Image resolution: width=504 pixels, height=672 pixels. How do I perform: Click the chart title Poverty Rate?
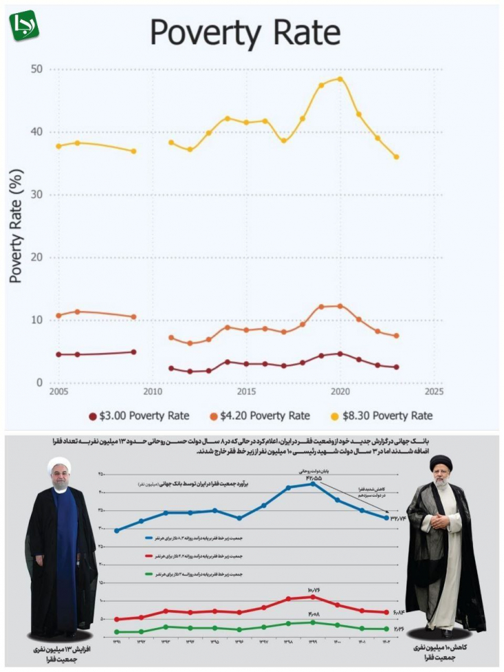(245, 32)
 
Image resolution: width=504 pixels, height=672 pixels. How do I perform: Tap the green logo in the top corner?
(24, 25)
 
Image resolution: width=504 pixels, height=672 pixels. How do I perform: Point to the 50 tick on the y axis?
(36, 69)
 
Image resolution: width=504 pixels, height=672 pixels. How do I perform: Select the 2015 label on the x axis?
(246, 391)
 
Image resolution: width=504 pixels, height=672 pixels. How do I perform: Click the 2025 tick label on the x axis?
(434, 391)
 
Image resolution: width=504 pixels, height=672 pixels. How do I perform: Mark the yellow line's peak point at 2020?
(340, 79)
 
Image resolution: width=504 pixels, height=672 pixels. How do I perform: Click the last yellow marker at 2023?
(397, 157)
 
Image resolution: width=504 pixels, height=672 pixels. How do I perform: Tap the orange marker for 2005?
(58, 316)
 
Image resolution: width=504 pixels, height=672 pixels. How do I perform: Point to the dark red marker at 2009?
(133, 352)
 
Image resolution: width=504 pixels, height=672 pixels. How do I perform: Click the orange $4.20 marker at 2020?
(340, 306)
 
